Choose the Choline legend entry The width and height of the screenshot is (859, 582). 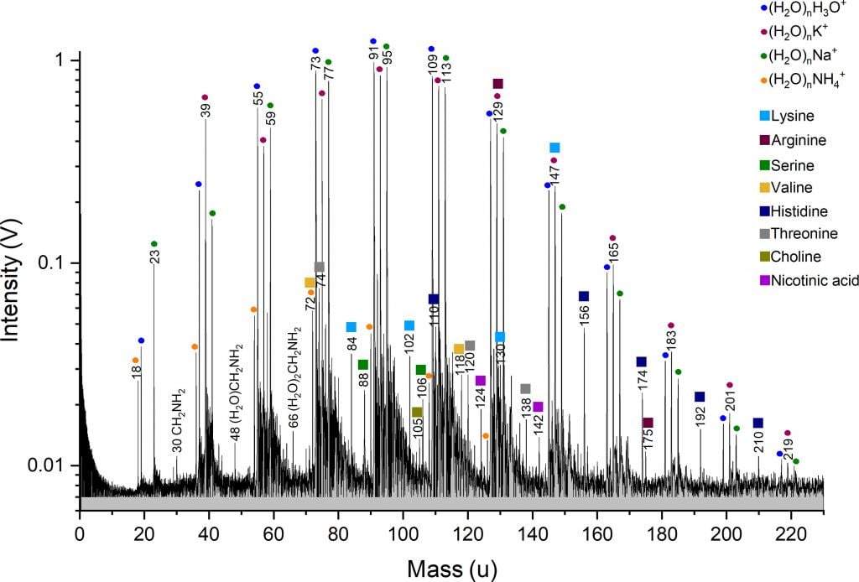tap(797, 257)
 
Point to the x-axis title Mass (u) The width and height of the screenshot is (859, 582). tap(452, 569)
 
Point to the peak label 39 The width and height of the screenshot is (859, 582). tap(206, 110)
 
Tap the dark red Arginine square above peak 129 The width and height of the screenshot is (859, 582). tap(497, 84)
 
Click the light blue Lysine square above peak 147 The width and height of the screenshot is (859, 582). tap(554, 148)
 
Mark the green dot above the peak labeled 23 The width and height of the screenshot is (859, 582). tap(154, 244)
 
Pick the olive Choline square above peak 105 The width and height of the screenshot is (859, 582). tap(417, 412)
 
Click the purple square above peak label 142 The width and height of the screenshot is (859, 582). tap(538, 407)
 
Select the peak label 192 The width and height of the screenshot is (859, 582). tap(700, 416)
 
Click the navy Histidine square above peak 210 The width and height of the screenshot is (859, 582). tap(757, 423)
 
